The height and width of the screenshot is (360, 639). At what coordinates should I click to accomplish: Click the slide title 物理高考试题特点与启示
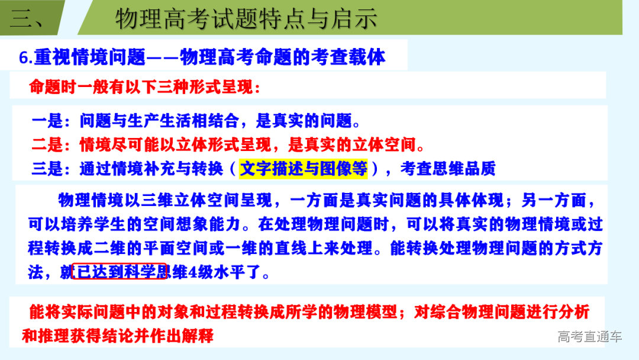pyautogui.click(x=246, y=19)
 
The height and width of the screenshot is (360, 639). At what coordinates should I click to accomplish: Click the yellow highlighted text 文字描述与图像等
pyautogui.click(x=304, y=169)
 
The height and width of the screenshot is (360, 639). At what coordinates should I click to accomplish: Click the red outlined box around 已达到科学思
pyautogui.click(x=119, y=272)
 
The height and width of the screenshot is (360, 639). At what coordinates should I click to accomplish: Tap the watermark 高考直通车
pyautogui.click(x=589, y=337)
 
